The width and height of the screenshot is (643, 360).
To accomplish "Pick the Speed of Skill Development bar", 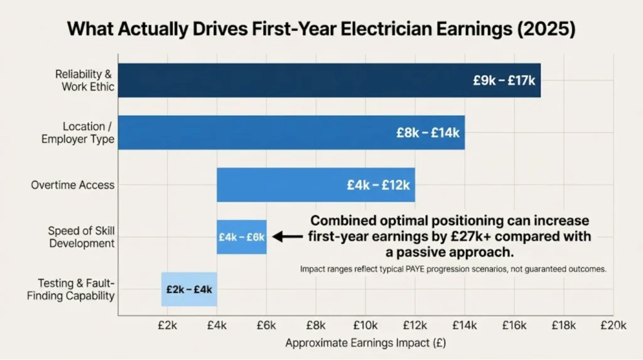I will [x=242, y=237].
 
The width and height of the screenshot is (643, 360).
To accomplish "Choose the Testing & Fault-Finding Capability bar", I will [x=189, y=289].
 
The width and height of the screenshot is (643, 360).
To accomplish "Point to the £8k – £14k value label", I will [x=428, y=133].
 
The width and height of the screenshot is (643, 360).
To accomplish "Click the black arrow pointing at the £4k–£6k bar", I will [x=288, y=237].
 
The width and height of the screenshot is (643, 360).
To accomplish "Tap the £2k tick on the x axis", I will [x=168, y=325].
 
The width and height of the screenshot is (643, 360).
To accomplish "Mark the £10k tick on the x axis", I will [x=365, y=325].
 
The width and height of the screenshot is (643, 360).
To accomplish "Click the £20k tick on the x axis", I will [x=613, y=325].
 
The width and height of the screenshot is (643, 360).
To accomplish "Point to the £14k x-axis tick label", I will [x=465, y=325].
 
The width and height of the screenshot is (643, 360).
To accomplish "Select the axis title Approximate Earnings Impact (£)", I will [x=365, y=344].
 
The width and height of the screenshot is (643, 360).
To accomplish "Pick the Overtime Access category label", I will [x=73, y=185].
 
